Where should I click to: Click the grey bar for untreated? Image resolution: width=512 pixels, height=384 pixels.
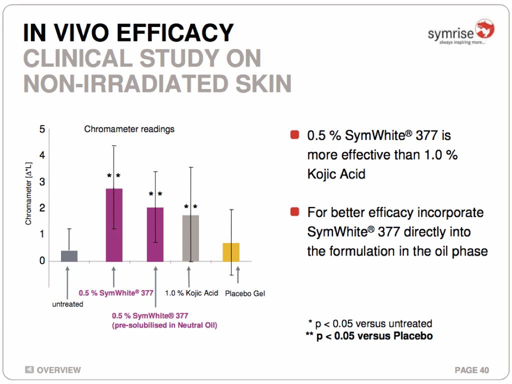(x=69, y=255)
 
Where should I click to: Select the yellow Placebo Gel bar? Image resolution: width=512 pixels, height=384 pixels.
(x=231, y=252)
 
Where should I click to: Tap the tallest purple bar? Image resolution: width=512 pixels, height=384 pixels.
(x=114, y=224)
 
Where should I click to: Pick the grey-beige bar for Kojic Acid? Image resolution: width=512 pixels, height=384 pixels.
(x=190, y=238)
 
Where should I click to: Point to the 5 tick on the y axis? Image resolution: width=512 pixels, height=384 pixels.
(x=42, y=129)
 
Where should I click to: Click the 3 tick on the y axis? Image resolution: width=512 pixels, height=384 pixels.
(x=42, y=181)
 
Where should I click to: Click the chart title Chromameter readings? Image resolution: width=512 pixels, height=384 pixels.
(x=129, y=129)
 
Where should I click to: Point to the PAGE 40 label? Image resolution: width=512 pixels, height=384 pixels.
(x=471, y=370)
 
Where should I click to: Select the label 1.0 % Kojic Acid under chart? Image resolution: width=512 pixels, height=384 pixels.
(x=191, y=293)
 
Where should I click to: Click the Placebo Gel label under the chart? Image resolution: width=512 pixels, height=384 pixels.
(x=245, y=293)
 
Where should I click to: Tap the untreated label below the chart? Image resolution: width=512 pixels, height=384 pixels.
(x=68, y=304)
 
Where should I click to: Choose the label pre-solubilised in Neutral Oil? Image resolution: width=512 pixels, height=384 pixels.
(x=164, y=325)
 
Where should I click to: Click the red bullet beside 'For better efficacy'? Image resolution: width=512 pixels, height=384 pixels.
(x=294, y=212)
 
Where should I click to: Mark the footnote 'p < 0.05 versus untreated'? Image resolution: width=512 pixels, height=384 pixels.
(x=370, y=323)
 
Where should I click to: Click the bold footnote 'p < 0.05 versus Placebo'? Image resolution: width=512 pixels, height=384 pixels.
(x=369, y=335)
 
